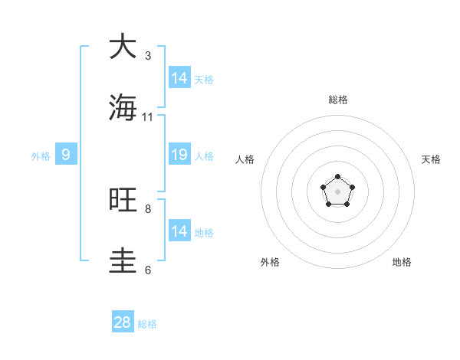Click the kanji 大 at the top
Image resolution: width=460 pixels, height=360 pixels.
point(123,47)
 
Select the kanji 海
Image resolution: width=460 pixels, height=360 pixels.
point(123,107)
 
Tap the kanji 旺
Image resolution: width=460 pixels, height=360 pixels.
point(123,200)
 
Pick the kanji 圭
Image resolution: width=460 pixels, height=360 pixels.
point(123,260)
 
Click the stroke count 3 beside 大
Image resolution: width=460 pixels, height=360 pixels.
point(148,56)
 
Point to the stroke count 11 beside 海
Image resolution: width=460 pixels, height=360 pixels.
point(148,117)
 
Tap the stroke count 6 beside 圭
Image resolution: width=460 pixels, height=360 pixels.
point(148,270)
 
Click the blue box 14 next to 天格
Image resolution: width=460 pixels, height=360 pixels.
point(179,78)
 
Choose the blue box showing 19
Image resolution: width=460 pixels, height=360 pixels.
point(179,155)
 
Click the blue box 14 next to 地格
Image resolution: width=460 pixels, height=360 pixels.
point(179,231)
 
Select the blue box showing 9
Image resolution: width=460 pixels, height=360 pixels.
point(66,155)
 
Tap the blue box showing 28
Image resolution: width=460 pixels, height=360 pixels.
point(123,322)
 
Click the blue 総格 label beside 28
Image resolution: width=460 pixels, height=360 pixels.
point(147,324)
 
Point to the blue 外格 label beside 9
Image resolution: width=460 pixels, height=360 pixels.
point(41,156)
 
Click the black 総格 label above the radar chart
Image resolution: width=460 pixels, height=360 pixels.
point(338,100)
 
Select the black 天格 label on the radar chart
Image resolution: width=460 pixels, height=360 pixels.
point(431,159)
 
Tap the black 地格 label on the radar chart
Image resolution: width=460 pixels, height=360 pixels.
point(402,263)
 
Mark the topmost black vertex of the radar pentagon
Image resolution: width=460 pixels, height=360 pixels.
point(337,177)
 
